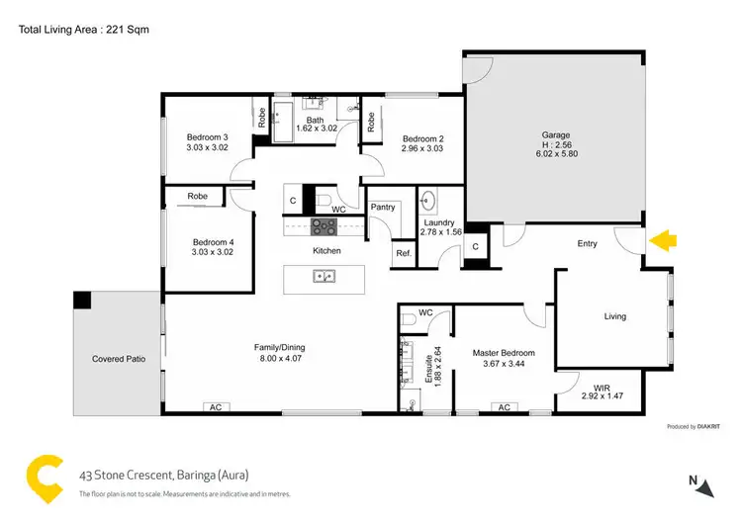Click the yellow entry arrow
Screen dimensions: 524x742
pyautogui.click(x=662, y=239)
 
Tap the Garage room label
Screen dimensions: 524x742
pyautogui.click(x=555, y=135)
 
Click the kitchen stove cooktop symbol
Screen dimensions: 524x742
pyautogui.click(x=324, y=226)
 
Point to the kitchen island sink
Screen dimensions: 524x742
pyautogui.click(x=324, y=277)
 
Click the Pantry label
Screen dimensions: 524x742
pyautogui.click(x=383, y=207)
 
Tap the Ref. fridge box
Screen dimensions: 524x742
pyautogui.click(x=403, y=253)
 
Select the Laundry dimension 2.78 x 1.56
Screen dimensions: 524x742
pyautogui.click(x=438, y=234)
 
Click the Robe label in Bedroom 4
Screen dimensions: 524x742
pyautogui.click(x=198, y=197)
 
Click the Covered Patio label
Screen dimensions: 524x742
pyautogui.click(x=119, y=359)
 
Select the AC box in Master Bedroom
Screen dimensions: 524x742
pyautogui.click(x=503, y=407)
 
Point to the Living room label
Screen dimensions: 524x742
pyautogui.click(x=615, y=316)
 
